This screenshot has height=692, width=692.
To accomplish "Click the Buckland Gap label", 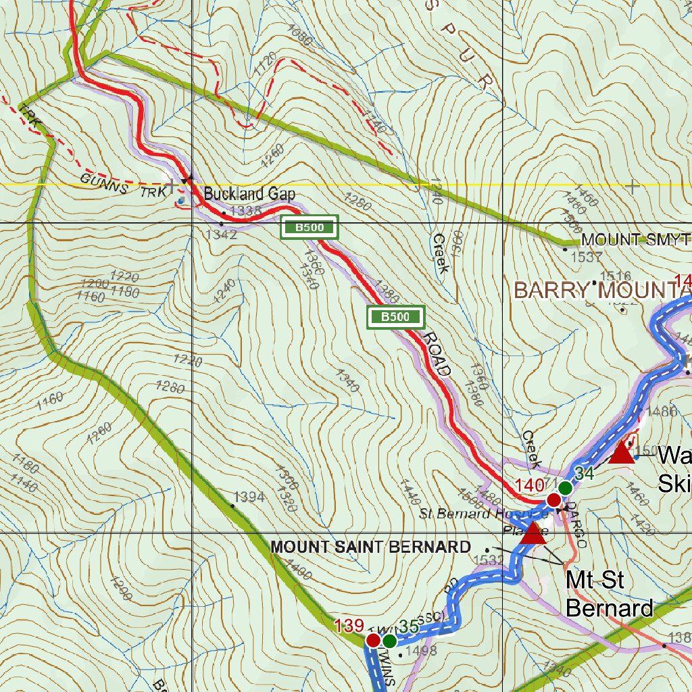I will coord(249,194).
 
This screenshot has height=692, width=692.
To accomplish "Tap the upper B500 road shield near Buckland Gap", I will coord(310,228).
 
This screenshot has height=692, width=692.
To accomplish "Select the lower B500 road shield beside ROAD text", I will coord(395,316).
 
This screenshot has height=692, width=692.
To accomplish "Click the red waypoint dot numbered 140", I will coord(553,500).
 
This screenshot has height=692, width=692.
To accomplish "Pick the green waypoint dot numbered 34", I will coord(566,487).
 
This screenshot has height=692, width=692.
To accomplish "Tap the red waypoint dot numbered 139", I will coord(373,640).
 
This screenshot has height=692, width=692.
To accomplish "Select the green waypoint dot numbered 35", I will coord(389,640).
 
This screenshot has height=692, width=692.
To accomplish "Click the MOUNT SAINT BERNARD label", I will coord(370,547).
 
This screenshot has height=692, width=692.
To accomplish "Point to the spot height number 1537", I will coord(586,257).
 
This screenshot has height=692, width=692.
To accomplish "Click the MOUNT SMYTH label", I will coord(635,240).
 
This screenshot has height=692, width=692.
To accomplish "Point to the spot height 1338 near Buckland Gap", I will coord(245,212).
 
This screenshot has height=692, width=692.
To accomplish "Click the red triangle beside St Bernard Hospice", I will coord(534,533).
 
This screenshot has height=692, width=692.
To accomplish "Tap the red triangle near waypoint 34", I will coord(621,453).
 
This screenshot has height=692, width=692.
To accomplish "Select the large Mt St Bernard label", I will coord(608,594).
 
